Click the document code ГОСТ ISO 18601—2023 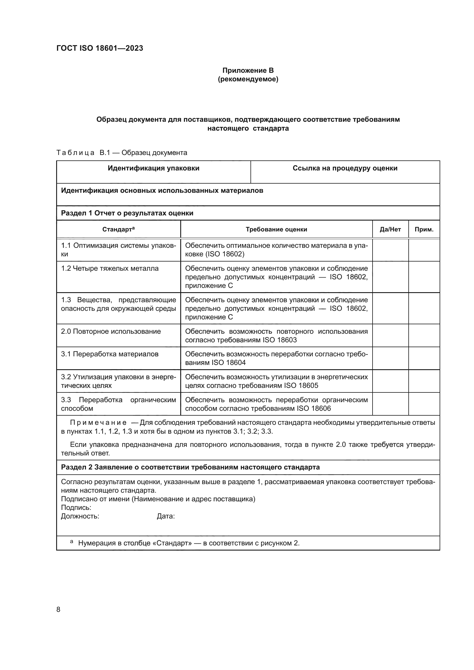click(x=99, y=48)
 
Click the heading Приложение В click(x=248, y=70)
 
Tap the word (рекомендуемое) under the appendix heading click(x=248, y=79)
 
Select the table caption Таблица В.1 click(x=122, y=153)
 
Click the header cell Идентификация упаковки click(x=154, y=168)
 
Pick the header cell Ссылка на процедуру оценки click(x=345, y=168)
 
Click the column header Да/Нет click(x=390, y=229)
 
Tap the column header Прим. click(x=424, y=229)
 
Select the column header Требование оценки click(x=276, y=229)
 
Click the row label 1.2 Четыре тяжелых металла click(x=110, y=268)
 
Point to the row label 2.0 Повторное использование click(x=111, y=331)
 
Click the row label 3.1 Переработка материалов click(x=109, y=354)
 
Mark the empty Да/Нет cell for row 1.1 click(x=390, y=250)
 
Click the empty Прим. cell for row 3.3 click(x=424, y=404)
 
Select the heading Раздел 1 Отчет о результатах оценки click(x=127, y=213)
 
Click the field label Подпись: click(x=76, y=507)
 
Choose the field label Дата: click(x=165, y=516)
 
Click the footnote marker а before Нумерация click(x=72, y=542)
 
